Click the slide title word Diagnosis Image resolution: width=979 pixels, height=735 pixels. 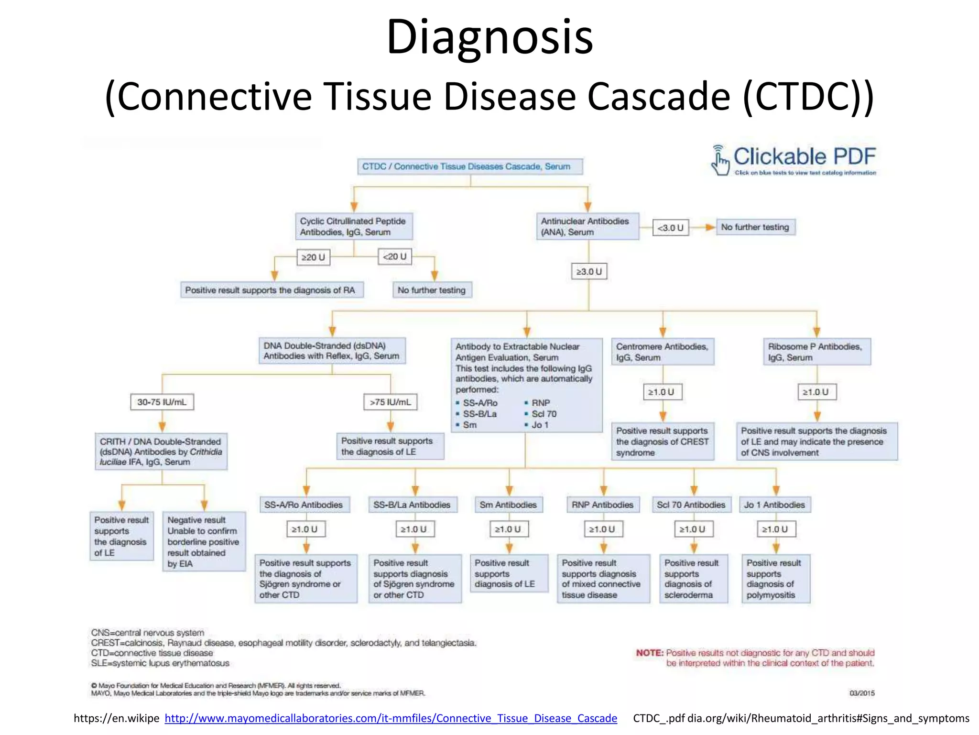coord(489,37)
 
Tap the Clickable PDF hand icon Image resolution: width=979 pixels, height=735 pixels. coord(719,161)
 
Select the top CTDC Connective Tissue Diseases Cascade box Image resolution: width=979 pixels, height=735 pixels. coord(470,167)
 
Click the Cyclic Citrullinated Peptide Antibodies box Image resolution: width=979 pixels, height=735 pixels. coord(353,226)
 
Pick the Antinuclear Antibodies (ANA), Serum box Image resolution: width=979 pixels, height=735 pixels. coord(587,226)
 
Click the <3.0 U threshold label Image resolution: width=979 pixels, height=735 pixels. coord(670,228)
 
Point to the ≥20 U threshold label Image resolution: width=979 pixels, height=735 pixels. coord(313,257)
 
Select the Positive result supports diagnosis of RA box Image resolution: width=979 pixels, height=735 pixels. coord(271,290)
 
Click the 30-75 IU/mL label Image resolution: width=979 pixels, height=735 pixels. coord(162,402)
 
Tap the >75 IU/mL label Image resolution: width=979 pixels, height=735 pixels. coord(390,402)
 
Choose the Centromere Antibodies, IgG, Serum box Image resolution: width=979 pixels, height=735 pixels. coord(662,352)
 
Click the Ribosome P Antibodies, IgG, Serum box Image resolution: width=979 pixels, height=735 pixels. coord(816,352)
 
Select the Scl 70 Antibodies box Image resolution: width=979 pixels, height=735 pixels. coord(691,505)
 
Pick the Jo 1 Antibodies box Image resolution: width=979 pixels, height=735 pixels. coord(774,505)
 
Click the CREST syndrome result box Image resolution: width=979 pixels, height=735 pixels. coord(662,441)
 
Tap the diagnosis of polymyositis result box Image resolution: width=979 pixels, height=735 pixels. coord(775,579)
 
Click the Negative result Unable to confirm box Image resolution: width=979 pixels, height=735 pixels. coord(204,541)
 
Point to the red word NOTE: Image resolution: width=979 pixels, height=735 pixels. coord(649,653)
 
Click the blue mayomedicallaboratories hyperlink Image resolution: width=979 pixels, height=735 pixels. coord(391,718)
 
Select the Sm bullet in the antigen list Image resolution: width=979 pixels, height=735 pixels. coord(469,425)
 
